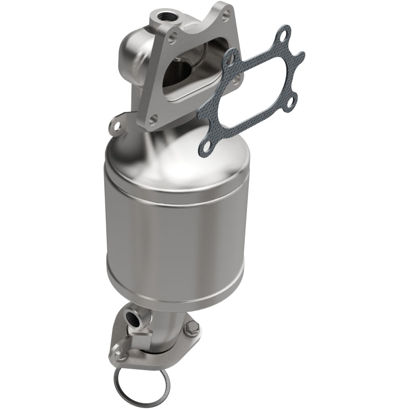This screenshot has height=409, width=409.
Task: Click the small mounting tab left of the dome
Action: point(117,124)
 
